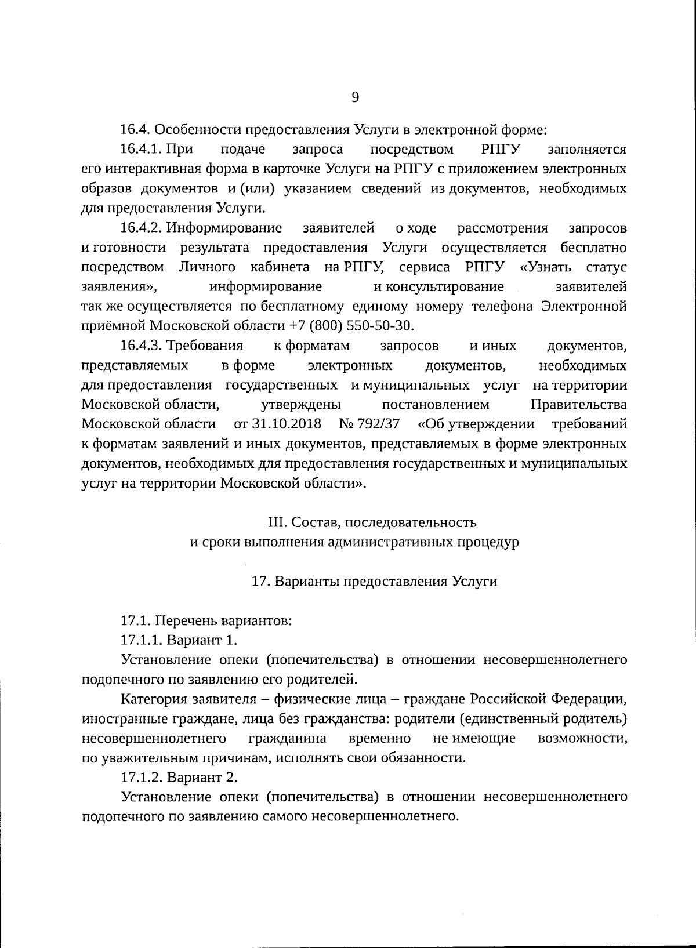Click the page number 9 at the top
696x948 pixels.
355,98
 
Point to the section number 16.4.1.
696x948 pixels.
140,150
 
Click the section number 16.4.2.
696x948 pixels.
140,228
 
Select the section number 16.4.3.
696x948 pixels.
140,346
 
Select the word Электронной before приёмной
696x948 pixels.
584,306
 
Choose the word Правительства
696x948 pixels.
578,404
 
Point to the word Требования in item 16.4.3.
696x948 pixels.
205,346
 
